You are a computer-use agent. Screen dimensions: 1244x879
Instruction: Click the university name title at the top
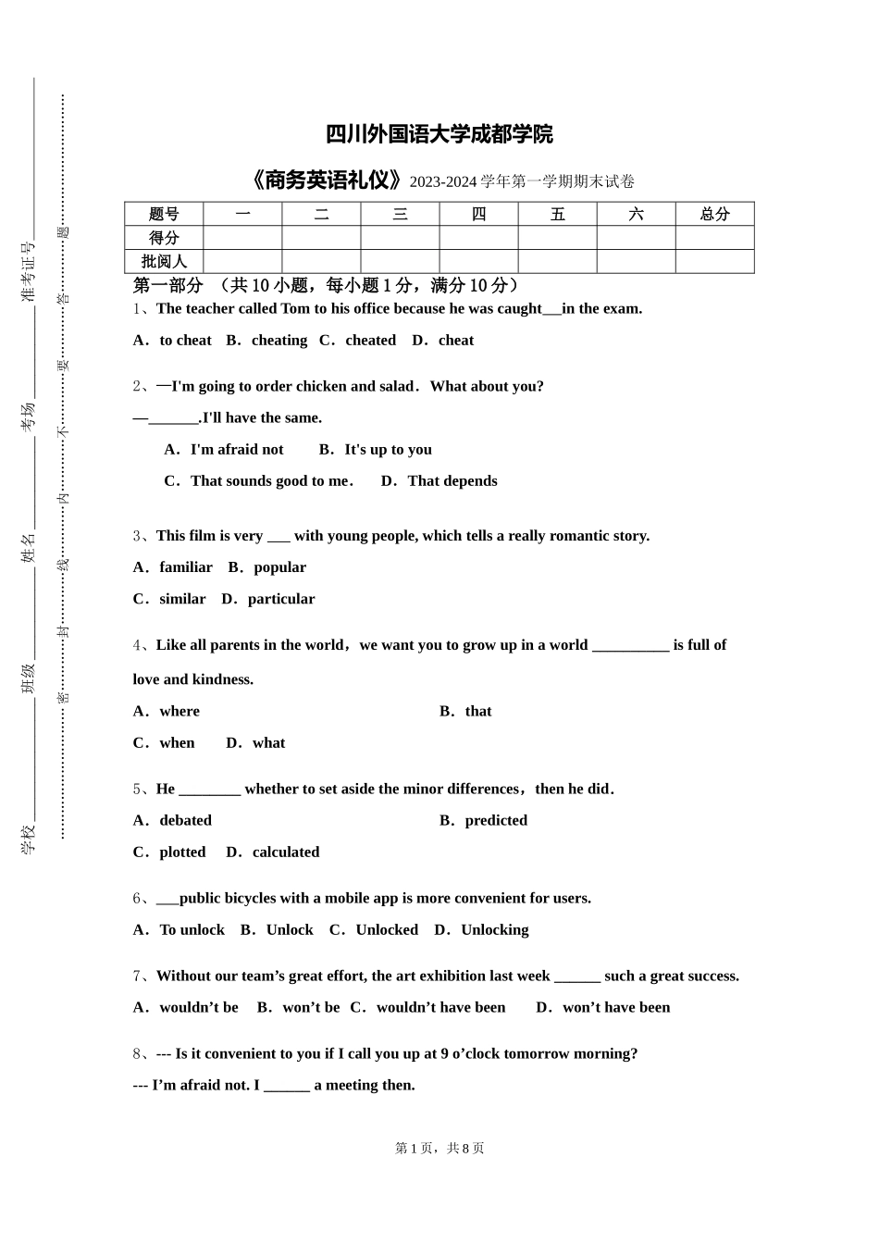(439, 134)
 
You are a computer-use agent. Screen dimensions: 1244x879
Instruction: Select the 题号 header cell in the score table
(164, 214)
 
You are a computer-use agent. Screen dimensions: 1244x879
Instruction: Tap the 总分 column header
(714, 214)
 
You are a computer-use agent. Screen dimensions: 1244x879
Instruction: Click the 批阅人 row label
(164, 262)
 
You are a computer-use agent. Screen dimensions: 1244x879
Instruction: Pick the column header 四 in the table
(478, 214)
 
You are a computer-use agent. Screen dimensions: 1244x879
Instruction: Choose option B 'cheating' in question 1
(279, 341)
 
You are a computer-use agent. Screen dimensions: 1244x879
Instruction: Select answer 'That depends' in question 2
(452, 481)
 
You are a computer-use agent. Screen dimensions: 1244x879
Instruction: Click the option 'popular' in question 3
(279, 567)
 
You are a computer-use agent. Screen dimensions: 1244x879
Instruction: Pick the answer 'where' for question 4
(179, 712)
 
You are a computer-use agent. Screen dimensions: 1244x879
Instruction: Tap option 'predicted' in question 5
(496, 821)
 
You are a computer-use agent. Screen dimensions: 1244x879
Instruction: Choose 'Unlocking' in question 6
(494, 930)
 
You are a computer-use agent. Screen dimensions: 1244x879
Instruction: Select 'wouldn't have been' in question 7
(440, 1008)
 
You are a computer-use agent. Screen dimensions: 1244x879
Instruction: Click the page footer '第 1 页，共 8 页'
(439, 1149)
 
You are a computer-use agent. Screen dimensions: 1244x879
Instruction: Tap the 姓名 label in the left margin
(29, 547)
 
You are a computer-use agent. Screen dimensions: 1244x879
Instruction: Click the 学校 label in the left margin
(29, 839)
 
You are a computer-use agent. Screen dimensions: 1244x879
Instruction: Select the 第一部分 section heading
(167, 285)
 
